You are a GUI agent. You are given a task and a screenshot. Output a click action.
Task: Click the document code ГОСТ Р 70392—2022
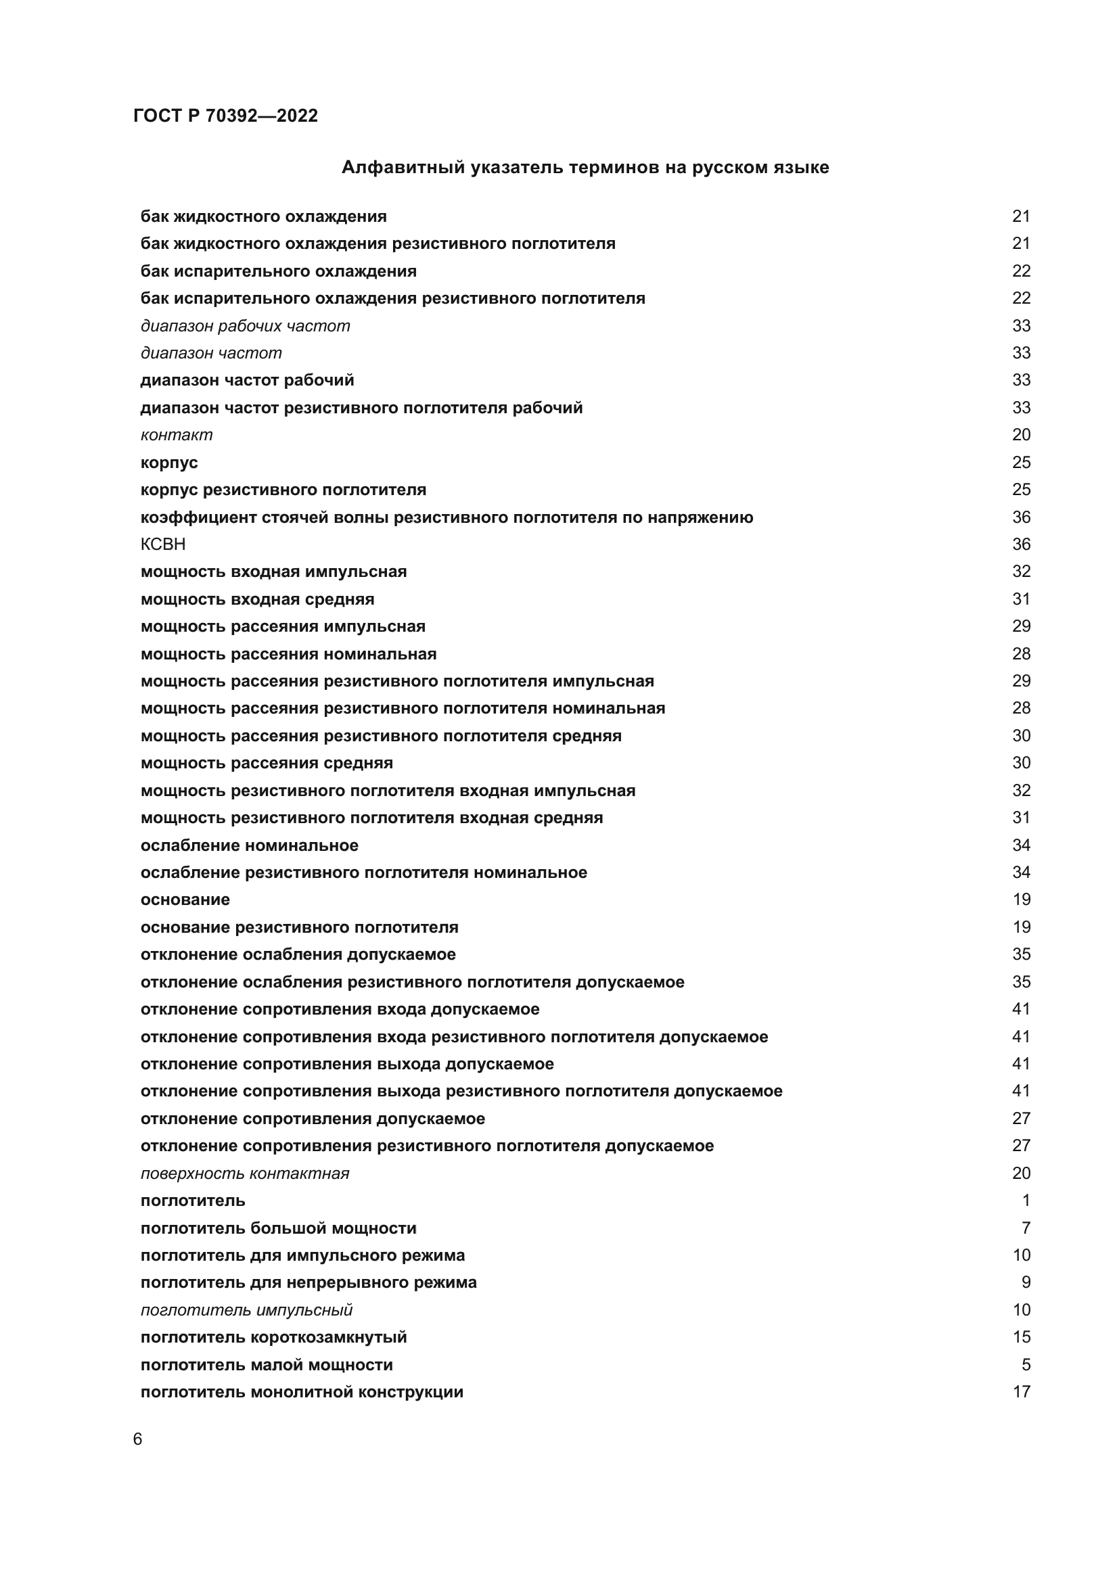[x=225, y=116]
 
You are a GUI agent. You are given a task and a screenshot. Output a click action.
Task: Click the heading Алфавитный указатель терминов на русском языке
[x=585, y=168]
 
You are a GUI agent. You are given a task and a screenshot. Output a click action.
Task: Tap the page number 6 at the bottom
[x=138, y=1439]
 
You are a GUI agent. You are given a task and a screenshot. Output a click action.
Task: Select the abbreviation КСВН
[x=163, y=544]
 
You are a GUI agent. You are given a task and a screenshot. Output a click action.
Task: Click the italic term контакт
[x=177, y=435]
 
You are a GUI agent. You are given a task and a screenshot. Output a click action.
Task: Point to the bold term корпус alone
[x=169, y=463]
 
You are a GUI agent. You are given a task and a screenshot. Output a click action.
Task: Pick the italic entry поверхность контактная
[x=245, y=1173]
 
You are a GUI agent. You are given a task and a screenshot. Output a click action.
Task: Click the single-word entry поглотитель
[x=193, y=1201]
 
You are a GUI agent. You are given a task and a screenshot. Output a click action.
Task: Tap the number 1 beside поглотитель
[x=1025, y=1201]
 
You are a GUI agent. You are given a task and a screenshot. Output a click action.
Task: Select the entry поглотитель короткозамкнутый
[x=273, y=1337]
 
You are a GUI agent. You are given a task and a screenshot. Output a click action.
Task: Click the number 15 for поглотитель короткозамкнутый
[x=1021, y=1337]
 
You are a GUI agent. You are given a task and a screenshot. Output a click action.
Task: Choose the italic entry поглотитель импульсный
[x=246, y=1310]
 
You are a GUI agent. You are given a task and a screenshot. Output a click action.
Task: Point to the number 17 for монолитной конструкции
[x=1021, y=1392]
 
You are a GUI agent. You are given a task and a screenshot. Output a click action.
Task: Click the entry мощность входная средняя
[x=258, y=599]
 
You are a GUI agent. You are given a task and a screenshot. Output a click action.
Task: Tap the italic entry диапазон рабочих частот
[x=246, y=326]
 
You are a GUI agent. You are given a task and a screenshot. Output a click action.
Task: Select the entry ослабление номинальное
[x=250, y=845]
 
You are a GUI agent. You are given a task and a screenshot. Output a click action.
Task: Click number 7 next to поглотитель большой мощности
[x=1025, y=1228]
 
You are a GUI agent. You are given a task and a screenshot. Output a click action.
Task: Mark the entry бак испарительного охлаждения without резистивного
[x=278, y=271]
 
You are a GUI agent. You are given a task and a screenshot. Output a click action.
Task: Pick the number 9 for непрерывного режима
[x=1025, y=1283]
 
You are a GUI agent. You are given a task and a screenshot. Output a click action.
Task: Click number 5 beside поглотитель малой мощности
[x=1025, y=1365]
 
